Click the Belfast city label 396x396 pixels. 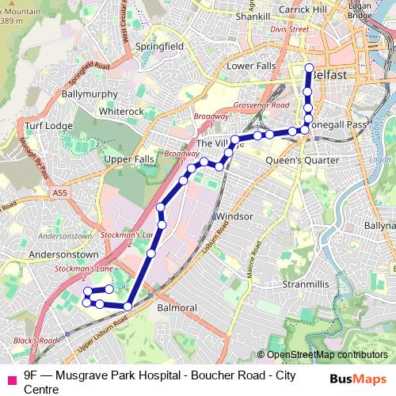(x=328, y=74)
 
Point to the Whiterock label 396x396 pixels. (x=121, y=112)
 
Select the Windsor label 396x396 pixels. (x=234, y=216)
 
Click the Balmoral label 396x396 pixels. (x=177, y=306)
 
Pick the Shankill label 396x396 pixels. (x=253, y=15)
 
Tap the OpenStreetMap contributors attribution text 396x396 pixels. (x=327, y=355)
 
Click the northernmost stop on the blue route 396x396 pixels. (x=308, y=67)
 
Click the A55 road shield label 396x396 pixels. (x=61, y=192)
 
